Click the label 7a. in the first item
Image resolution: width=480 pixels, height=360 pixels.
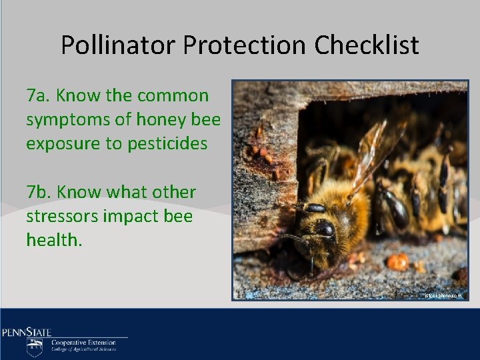(x=39, y=96)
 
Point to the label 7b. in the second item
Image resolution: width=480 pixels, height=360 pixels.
(x=39, y=193)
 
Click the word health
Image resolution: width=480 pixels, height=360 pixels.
(x=54, y=240)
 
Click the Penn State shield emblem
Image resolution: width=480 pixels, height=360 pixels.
(x=35, y=347)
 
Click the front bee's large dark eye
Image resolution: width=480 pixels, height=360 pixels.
(x=324, y=229)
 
